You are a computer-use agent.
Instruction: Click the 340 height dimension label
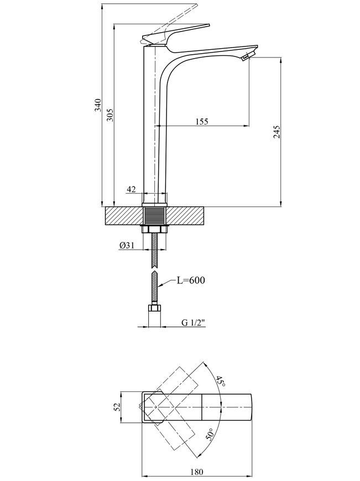pos(98,105)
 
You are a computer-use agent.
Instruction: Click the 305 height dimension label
pos(110,115)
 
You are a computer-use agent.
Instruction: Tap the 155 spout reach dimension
pos(202,121)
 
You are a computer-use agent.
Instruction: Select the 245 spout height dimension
pos(276,132)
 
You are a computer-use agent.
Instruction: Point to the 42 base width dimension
pos(131,189)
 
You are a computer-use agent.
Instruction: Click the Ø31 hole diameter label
pos(127,245)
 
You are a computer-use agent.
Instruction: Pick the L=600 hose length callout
pos(191,280)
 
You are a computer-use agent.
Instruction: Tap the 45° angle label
pos(221,381)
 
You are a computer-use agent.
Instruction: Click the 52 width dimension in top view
pos(117,407)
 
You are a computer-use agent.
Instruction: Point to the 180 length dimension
pos(197,472)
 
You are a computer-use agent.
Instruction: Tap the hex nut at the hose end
pos(154,308)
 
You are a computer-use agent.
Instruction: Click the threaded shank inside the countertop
pos(155,216)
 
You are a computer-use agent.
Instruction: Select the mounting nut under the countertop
pos(155,229)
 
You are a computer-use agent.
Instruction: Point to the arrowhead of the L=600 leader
pos(159,286)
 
